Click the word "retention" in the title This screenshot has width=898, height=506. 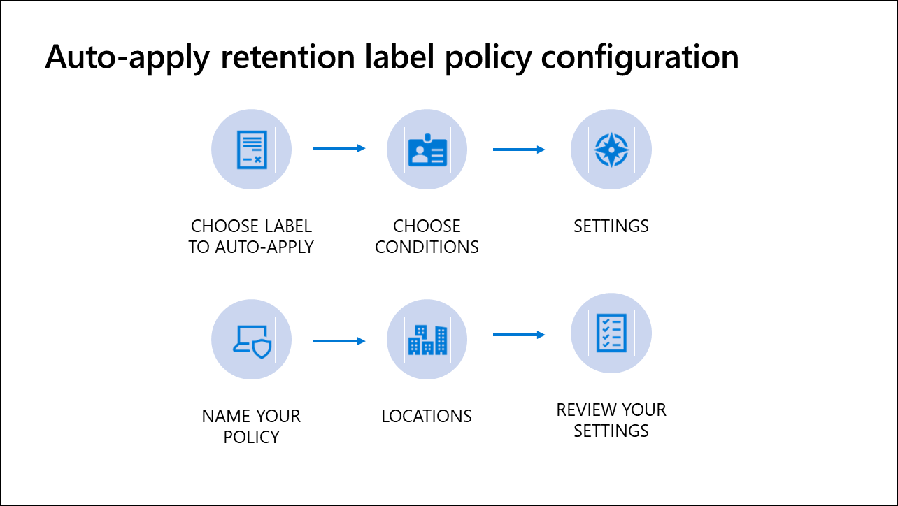288,57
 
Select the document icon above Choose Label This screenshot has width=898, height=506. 252,150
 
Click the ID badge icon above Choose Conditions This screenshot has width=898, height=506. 427,150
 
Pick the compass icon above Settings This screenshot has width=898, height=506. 611,150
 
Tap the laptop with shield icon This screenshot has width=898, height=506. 252,340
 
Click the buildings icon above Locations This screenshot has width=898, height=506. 427,340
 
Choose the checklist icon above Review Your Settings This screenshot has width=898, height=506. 611,333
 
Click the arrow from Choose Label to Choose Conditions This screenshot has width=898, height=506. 339,148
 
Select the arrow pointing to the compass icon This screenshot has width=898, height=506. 519,150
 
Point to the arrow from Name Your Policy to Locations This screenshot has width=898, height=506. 339,341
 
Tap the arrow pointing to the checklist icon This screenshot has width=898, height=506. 519,335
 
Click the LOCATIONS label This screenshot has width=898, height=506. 427,417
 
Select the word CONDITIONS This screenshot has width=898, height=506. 427,247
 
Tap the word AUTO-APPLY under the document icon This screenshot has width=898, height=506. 264,247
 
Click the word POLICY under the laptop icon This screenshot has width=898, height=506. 251,437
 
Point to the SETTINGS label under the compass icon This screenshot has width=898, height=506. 611,226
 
